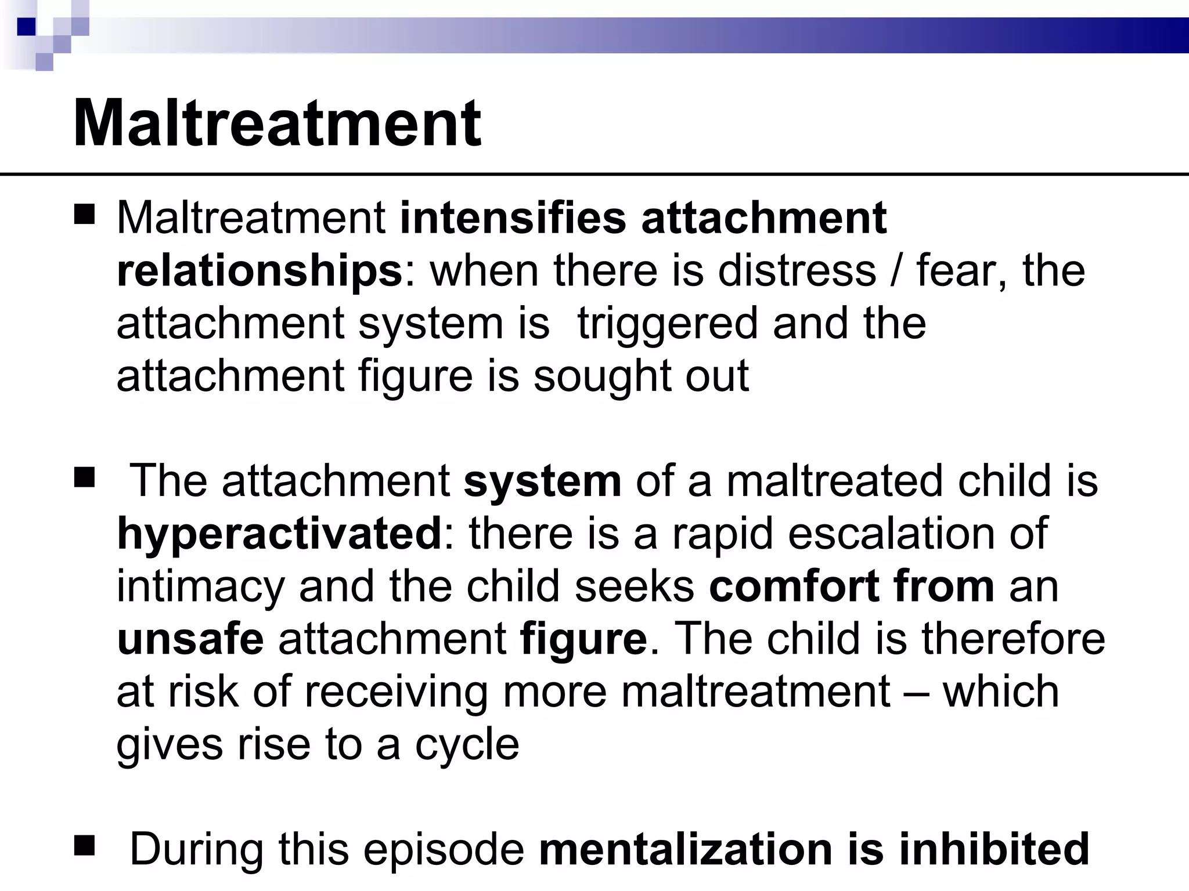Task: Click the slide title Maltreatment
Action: [277, 124]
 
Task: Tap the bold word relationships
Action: [260, 271]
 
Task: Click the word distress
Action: [797, 270]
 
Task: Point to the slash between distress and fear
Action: [896, 271]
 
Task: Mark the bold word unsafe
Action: [190, 639]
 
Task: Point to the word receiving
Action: [395, 692]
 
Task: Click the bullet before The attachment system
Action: [85, 479]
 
